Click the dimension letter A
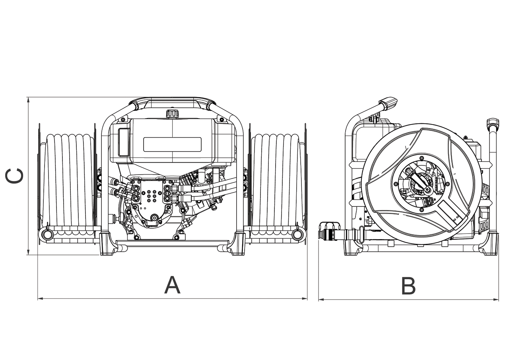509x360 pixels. tap(172, 285)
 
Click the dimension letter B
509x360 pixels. tap(408, 286)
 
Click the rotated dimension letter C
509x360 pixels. tap(15, 176)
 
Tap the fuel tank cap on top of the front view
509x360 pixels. tap(172, 114)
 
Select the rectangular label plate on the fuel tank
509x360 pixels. tap(172, 144)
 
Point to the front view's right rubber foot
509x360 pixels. tap(237, 245)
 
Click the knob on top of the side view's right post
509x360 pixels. tap(493, 122)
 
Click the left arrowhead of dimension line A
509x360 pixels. tap(39, 298)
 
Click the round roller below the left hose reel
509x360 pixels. tap(47, 234)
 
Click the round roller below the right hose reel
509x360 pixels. tap(297, 234)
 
